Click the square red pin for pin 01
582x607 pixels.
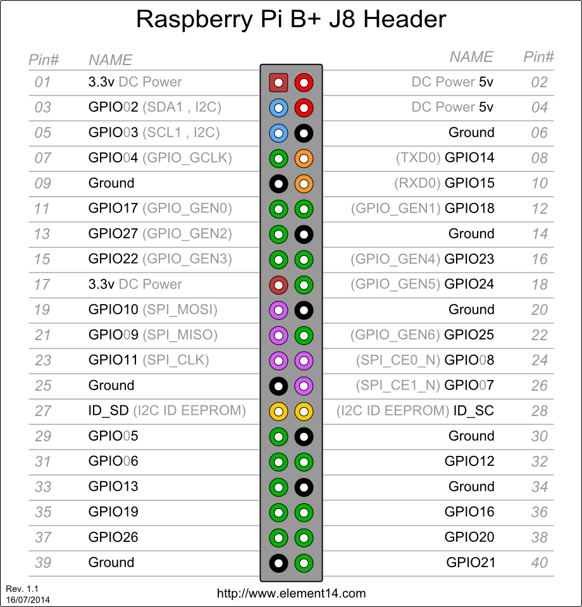coord(278,82)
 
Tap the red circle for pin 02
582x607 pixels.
coord(304,82)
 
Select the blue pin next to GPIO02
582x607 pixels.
coord(278,107)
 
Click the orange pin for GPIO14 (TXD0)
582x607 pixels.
coord(304,158)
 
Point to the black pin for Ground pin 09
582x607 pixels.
coord(278,183)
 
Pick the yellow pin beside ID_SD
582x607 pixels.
coord(278,411)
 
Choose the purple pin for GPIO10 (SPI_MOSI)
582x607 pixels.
coord(278,310)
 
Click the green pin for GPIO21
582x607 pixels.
coord(304,563)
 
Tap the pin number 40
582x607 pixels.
coord(539,563)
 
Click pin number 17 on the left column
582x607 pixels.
coord(42,285)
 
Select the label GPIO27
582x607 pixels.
coord(113,234)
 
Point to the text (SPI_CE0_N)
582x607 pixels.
coord(398,360)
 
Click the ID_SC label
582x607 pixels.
coord(474,411)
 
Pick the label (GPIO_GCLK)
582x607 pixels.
coord(187,158)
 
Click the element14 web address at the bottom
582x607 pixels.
coord(291,594)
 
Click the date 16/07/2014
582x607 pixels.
coord(28,599)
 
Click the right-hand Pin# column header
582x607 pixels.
coord(538,57)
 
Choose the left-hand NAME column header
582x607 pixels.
coord(110,60)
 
